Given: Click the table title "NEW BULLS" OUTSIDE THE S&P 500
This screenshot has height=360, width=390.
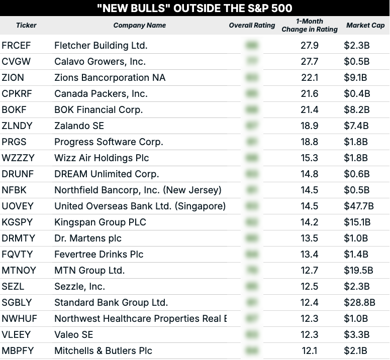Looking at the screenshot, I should click(x=194, y=8).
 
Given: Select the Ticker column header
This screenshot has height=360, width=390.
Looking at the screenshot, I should click(x=26, y=25).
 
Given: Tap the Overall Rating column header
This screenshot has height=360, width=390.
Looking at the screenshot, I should click(x=252, y=25).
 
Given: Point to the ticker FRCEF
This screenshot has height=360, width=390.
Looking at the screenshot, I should click(x=16, y=46).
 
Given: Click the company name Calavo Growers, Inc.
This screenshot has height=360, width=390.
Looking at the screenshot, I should click(x=100, y=62).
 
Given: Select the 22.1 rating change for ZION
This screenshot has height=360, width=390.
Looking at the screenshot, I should click(x=309, y=78).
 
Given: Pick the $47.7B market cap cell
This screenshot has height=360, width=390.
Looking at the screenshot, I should click(x=359, y=206).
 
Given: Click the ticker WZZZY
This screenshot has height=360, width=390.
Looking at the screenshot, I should click(x=18, y=158).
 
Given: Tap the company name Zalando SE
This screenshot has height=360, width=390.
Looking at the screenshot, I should click(x=79, y=126).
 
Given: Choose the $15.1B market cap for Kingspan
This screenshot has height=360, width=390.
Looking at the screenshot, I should click(x=358, y=222).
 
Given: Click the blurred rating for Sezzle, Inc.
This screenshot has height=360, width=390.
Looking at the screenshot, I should click(x=252, y=287).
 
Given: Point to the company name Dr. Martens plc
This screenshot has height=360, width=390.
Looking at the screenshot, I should click(x=88, y=238).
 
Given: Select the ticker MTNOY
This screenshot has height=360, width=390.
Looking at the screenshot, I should click(x=19, y=271).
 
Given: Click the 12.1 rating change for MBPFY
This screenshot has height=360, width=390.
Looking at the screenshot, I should click(x=309, y=351).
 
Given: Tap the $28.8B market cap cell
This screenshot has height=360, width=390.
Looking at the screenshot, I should click(x=359, y=303).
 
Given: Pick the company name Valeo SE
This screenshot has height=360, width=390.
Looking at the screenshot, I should click(x=73, y=335).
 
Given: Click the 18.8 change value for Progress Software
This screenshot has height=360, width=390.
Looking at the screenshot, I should click(x=309, y=142).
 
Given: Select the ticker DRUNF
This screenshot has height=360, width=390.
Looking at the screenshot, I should click(x=18, y=174).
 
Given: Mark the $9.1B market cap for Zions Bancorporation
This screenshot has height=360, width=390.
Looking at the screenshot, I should click(x=355, y=78).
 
